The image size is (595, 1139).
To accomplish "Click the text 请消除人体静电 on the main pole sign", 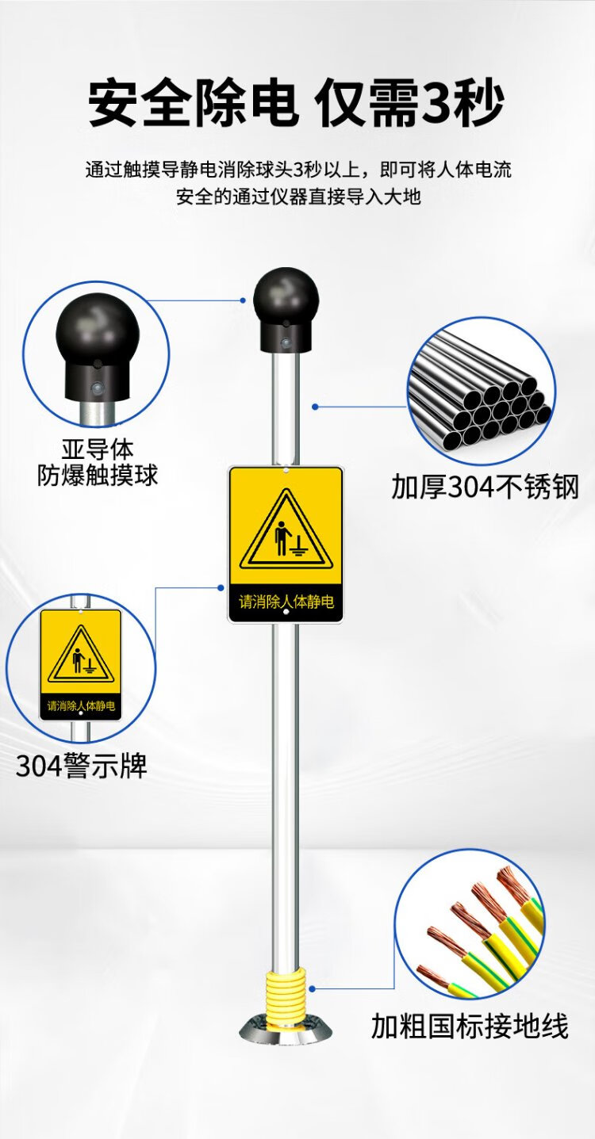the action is click(286, 602).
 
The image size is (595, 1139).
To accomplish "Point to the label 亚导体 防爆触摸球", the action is click(98, 462).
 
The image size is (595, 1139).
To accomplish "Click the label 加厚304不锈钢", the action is click(485, 487).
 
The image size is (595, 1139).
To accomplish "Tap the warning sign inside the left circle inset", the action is click(81, 664).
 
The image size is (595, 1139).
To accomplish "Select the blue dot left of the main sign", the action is click(221, 588).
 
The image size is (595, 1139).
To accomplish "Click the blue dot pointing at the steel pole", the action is click(315, 407).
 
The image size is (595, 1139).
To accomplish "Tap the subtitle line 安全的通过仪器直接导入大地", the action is click(298, 197).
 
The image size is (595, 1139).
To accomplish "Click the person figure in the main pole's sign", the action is click(282, 537).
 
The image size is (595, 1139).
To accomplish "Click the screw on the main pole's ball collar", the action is click(286, 342).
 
